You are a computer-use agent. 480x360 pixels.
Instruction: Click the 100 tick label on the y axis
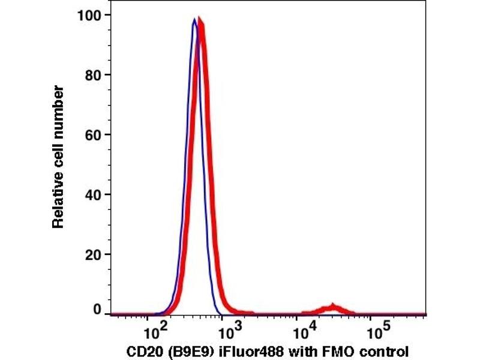[89, 14]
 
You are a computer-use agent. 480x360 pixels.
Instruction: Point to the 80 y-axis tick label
[92, 74]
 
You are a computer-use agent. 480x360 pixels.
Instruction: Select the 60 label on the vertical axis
[92, 134]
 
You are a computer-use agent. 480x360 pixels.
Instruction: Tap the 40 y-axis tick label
[92, 194]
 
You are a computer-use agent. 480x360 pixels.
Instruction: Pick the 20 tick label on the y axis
[92, 254]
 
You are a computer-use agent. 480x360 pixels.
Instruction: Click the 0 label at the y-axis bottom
[97, 309]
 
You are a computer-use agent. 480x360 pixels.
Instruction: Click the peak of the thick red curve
[200, 23]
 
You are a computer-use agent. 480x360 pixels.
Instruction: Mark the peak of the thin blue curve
[194, 19]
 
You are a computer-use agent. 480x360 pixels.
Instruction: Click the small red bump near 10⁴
[331, 308]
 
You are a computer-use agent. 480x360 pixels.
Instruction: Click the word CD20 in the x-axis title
[142, 350]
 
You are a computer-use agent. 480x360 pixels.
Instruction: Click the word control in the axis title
[379, 350]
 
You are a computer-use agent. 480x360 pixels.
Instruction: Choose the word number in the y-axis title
[58, 107]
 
